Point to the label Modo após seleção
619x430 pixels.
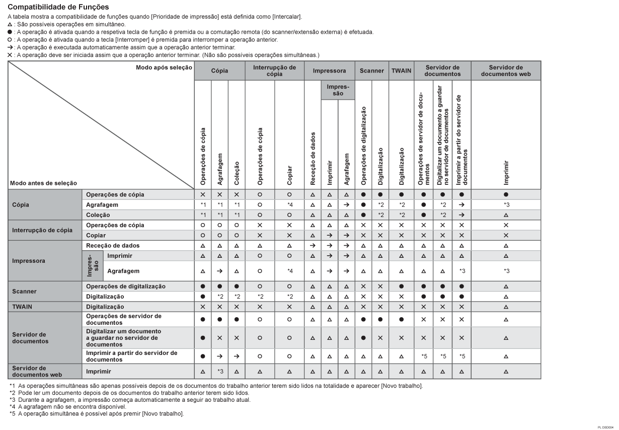click(164, 67)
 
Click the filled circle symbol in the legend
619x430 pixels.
click(4, 32)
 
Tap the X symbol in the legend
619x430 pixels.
click(4, 55)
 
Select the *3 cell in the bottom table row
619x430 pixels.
click(220, 371)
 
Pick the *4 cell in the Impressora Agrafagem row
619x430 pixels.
click(289, 271)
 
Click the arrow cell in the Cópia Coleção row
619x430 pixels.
click(461, 215)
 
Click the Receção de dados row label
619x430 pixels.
click(113, 245)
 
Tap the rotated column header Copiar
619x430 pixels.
click(289, 177)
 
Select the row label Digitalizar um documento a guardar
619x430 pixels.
click(123, 338)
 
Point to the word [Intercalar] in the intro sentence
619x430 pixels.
click(287, 17)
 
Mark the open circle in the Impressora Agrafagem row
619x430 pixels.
click(260, 271)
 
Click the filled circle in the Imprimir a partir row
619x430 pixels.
click(203, 356)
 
